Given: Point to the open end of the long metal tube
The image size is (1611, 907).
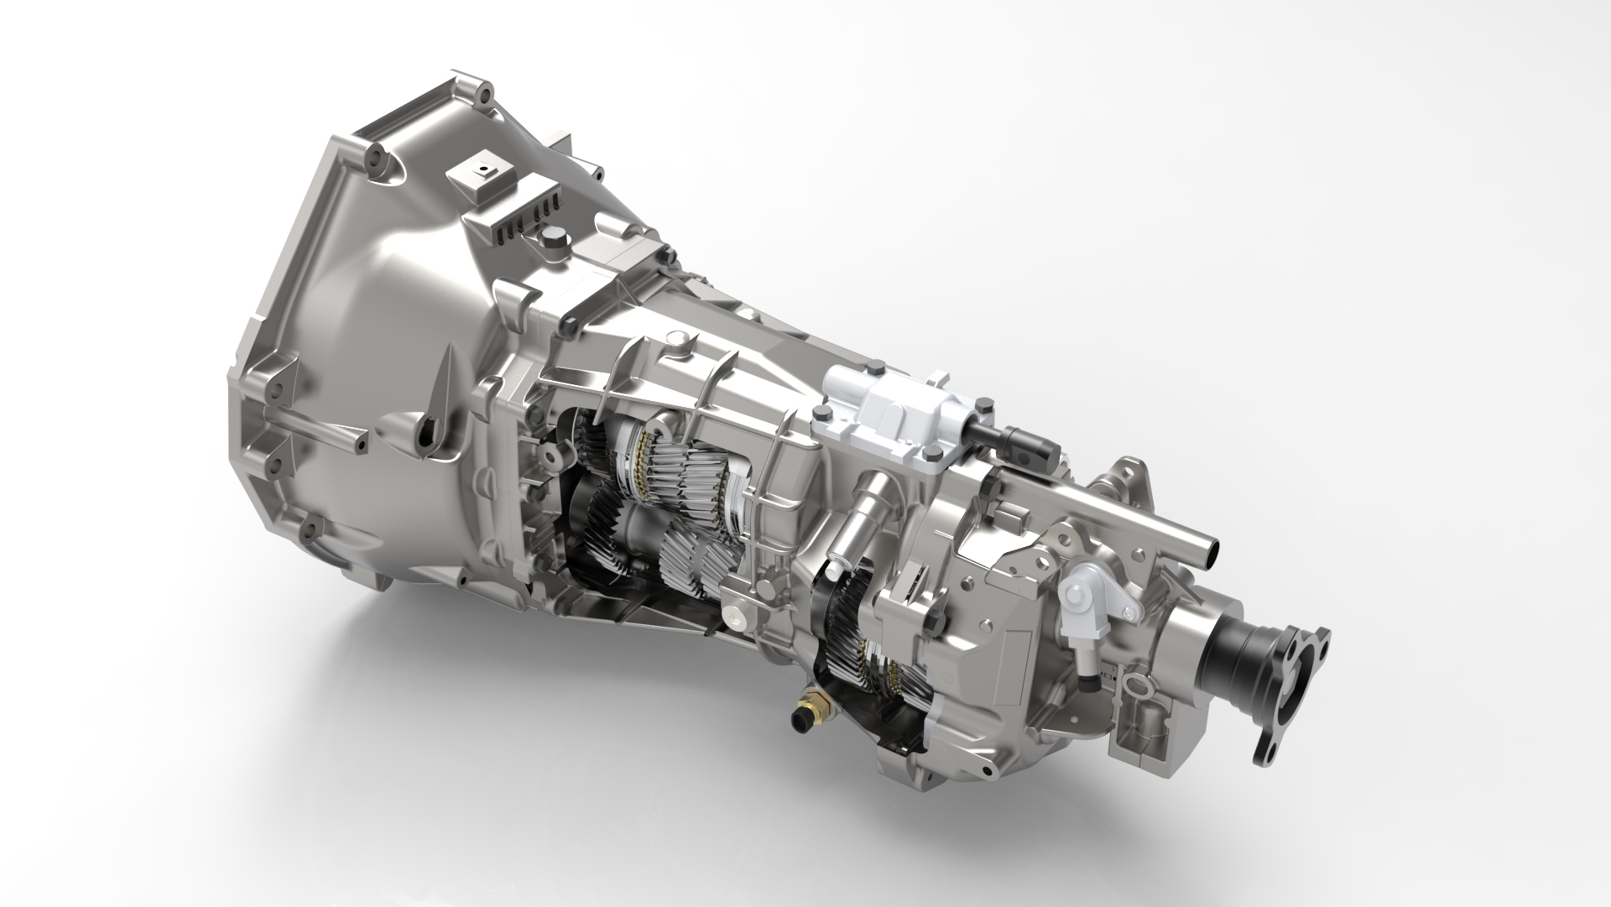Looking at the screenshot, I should [x=1210, y=554].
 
